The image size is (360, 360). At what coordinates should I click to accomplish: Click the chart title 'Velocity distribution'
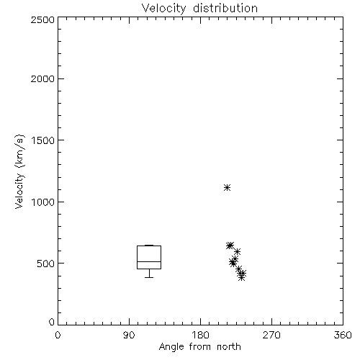point(199,8)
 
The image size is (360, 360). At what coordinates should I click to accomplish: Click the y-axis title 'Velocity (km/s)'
point(19,171)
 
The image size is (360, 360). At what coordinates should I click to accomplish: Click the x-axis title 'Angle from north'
point(199,347)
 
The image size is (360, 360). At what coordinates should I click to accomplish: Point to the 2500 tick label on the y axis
point(42,19)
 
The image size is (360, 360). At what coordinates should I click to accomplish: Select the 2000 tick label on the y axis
point(42,78)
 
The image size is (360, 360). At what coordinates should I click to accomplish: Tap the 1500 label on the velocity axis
point(43,140)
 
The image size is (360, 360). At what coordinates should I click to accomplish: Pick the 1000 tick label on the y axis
point(43,202)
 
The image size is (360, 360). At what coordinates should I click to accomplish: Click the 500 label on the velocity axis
point(46,264)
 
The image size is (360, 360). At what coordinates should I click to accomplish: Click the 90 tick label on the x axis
point(129,335)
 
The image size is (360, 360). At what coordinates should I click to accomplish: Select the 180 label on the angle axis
point(200,335)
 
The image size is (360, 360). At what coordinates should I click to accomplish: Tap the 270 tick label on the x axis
point(271,335)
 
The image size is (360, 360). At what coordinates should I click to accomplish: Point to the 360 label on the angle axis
point(343,335)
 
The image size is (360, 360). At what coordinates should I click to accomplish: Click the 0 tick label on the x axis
point(58,335)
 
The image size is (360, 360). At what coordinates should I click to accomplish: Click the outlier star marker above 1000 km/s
point(227,187)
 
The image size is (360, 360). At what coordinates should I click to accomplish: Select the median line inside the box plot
point(149,261)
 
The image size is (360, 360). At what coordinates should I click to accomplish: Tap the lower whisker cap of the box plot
point(149,277)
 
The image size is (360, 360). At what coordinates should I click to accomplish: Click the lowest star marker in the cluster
point(241,278)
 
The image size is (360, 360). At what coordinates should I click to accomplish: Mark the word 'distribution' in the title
point(225,8)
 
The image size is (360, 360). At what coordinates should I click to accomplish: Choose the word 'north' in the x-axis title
point(229,347)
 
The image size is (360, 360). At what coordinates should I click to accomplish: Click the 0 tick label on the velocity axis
point(52,322)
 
